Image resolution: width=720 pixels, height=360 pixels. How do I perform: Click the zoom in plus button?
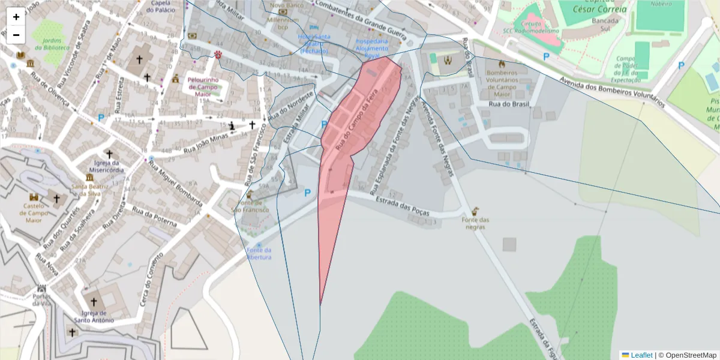pos(16,17)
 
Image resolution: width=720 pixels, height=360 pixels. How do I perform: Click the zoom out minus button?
pos(16,35)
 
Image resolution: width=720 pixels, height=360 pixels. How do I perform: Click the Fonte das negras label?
pos(475,223)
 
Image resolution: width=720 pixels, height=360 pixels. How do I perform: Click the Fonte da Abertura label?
pos(259,253)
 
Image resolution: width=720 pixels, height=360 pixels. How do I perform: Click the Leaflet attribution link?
pos(640,355)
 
